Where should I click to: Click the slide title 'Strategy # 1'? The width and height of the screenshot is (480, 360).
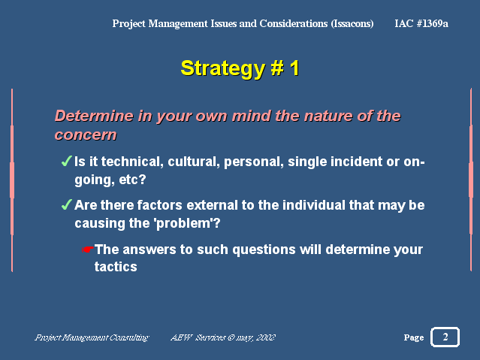[x=240, y=68]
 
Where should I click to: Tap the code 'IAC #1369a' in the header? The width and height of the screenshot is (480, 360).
[x=421, y=23]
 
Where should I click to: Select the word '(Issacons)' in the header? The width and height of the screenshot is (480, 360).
[x=352, y=23]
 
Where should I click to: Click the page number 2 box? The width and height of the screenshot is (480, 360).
[x=445, y=337]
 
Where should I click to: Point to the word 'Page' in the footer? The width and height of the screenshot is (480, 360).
[x=414, y=337]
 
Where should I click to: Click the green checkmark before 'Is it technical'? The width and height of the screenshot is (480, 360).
[x=67, y=161]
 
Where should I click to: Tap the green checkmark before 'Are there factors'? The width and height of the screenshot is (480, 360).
[x=67, y=204]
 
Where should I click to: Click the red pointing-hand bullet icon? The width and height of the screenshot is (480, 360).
[x=88, y=250]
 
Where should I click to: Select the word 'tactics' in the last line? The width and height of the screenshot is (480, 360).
[x=116, y=267]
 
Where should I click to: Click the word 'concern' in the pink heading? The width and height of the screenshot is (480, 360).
[x=86, y=135]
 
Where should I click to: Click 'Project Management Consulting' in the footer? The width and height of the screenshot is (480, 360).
[x=92, y=337]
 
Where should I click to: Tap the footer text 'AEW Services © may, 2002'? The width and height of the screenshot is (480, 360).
[x=223, y=337]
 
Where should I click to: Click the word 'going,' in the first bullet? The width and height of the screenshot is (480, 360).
[x=95, y=180]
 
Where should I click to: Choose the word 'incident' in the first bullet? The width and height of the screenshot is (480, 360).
[x=335, y=162]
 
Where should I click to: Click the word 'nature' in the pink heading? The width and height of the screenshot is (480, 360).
[x=326, y=116]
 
